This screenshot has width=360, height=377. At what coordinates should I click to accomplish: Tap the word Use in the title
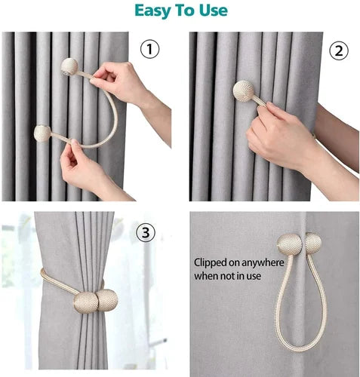(214, 11)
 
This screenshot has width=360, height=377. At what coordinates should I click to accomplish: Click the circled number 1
(149, 49)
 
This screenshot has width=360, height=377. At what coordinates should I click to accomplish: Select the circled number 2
(339, 51)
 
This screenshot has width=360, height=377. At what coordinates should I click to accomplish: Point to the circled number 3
(146, 232)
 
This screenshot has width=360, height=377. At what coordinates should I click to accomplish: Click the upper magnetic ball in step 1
(69, 66)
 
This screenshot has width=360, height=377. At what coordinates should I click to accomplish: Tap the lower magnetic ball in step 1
(42, 133)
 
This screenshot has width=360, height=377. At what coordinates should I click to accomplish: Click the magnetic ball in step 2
(244, 90)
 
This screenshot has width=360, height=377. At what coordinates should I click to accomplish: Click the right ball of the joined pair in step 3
(107, 300)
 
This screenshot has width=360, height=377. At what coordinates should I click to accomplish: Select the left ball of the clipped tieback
(290, 244)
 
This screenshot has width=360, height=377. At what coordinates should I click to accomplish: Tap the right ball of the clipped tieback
(313, 244)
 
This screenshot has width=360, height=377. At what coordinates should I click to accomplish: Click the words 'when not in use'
(227, 276)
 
